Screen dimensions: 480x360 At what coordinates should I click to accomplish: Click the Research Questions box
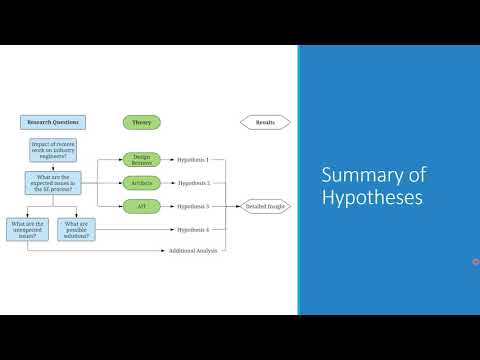[52, 123]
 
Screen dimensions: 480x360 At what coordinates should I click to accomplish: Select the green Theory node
[141, 123]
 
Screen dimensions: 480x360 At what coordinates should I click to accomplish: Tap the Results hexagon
[265, 123]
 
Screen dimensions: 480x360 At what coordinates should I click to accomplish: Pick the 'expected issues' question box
[52, 183]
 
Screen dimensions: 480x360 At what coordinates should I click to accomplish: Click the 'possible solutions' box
[76, 229]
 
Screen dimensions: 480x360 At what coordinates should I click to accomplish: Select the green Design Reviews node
[141, 159]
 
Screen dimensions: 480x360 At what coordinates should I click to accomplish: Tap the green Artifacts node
[141, 183]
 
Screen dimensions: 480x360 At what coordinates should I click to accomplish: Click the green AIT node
[141, 206]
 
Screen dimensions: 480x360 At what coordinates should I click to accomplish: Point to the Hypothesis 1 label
[193, 159]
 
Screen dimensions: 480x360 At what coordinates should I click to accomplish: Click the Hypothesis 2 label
[193, 183]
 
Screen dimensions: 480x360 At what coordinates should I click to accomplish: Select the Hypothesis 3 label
[193, 206]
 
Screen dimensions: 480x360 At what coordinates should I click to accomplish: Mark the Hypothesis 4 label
[193, 230]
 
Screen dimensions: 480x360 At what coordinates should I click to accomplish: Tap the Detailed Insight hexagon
[265, 207]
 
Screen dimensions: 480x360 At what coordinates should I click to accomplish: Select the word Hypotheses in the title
[371, 198]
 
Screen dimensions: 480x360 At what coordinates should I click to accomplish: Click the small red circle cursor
[475, 262]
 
